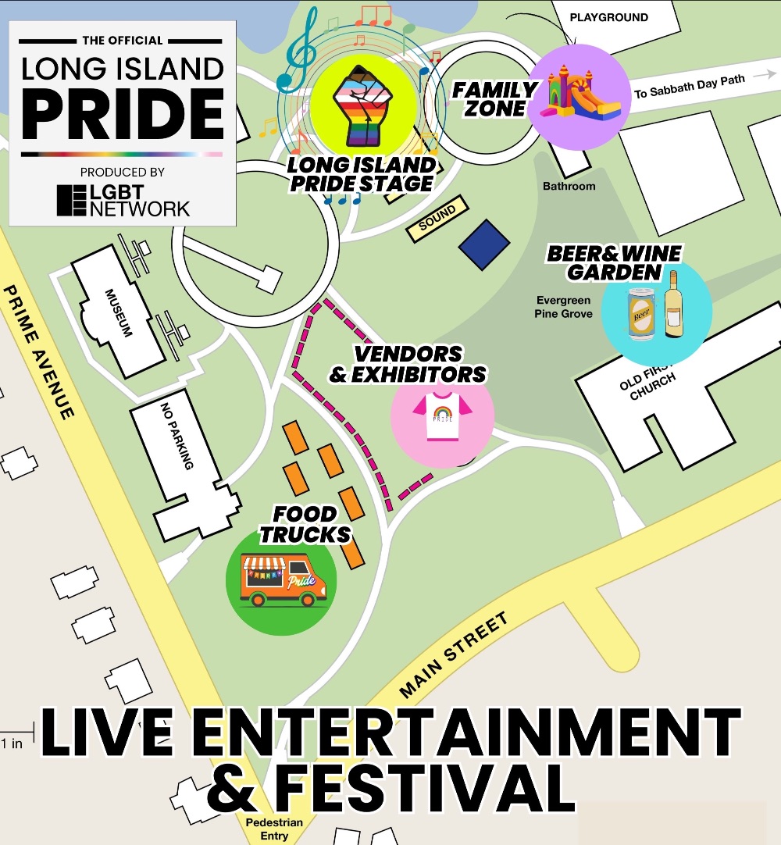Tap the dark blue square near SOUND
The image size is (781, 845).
click(x=484, y=245)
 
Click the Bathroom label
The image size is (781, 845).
click(x=569, y=186)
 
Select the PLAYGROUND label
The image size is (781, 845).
click(x=609, y=17)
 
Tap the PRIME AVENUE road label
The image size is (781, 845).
click(x=39, y=351)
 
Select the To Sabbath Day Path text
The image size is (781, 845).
click(x=689, y=86)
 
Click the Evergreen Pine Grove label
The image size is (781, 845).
click(x=563, y=307)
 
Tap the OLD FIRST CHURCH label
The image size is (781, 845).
click(x=647, y=383)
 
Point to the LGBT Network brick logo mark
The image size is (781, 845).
click(x=72, y=201)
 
